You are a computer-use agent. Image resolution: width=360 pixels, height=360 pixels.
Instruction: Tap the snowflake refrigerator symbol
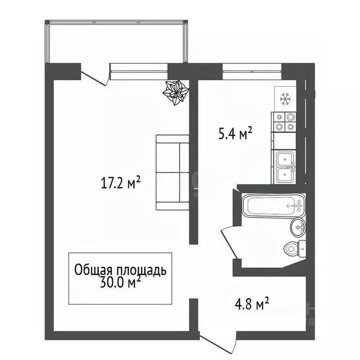click(285, 99)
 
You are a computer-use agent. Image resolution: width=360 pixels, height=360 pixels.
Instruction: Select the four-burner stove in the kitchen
click(285, 122)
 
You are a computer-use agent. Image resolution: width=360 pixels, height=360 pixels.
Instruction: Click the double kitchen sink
click(285, 167)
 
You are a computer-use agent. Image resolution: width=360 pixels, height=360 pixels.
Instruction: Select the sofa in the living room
click(172, 172)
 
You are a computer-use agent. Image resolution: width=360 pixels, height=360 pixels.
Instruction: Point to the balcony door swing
click(95, 76)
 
